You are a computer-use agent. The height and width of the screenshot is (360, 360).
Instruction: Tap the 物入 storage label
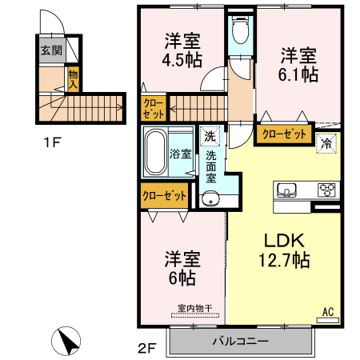(72, 78)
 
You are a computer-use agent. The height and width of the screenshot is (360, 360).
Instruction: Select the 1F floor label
(52, 144)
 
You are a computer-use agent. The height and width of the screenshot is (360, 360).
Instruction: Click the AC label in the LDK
(328, 311)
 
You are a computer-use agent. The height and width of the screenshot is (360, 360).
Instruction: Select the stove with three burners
(327, 190)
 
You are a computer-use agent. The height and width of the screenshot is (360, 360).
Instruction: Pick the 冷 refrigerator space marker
(327, 144)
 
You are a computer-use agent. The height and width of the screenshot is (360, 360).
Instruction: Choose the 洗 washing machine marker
(209, 135)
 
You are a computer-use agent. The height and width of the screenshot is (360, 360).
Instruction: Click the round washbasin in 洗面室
(210, 199)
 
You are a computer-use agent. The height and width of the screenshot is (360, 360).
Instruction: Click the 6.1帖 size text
(298, 74)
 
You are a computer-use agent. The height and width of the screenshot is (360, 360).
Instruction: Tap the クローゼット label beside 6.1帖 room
(284, 134)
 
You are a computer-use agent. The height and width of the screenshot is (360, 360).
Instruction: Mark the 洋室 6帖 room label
(182, 268)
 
